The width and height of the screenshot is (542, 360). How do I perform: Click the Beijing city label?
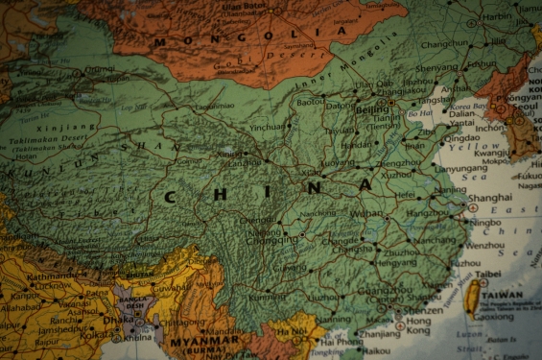[x=372, y=111]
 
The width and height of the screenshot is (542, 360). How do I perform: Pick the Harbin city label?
[x=498, y=16]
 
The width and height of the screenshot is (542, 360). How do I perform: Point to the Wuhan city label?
[x=366, y=213]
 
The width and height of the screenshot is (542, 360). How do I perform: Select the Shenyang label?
[x=437, y=67]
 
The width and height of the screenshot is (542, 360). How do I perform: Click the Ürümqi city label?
[x=99, y=69]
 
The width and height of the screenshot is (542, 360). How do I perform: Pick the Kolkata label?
[x=95, y=335]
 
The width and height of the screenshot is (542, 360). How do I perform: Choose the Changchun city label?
[x=444, y=44]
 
